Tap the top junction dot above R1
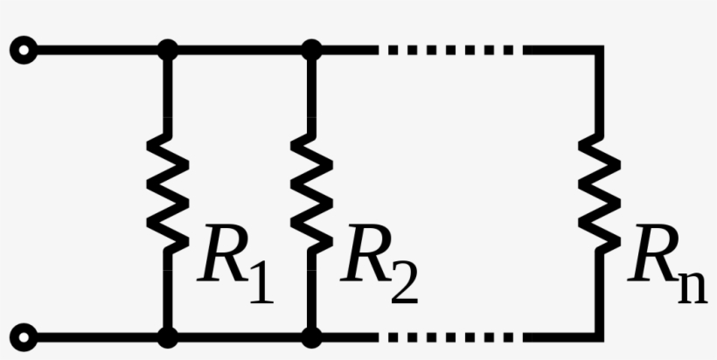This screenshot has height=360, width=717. [168, 50]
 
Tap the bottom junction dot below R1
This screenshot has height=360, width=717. [168, 337]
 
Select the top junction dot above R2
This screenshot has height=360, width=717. [312, 50]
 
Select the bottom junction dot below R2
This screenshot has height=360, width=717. [312, 337]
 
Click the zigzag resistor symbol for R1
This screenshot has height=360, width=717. [168, 194]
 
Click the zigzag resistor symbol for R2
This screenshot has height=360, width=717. [312, 194]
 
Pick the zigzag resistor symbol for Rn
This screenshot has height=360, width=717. [600, 194]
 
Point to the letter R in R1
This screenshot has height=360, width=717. [223, 253]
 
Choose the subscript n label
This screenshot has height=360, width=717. [693, 287]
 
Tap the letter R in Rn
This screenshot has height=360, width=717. [654, 253]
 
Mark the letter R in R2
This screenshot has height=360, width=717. [366, 253]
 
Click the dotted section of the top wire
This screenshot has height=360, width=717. [451, 50]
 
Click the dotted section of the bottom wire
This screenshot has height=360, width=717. [451, 337]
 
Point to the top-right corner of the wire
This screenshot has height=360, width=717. [600, 50]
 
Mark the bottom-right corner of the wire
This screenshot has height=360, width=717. [600, 337]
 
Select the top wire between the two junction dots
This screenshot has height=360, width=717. [240, 50]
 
